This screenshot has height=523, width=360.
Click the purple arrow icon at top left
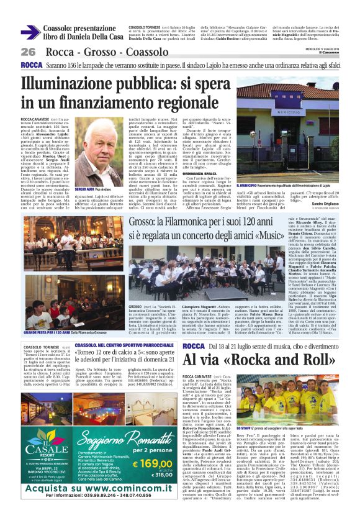pos(30,32)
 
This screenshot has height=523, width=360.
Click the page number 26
pos(28,52)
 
